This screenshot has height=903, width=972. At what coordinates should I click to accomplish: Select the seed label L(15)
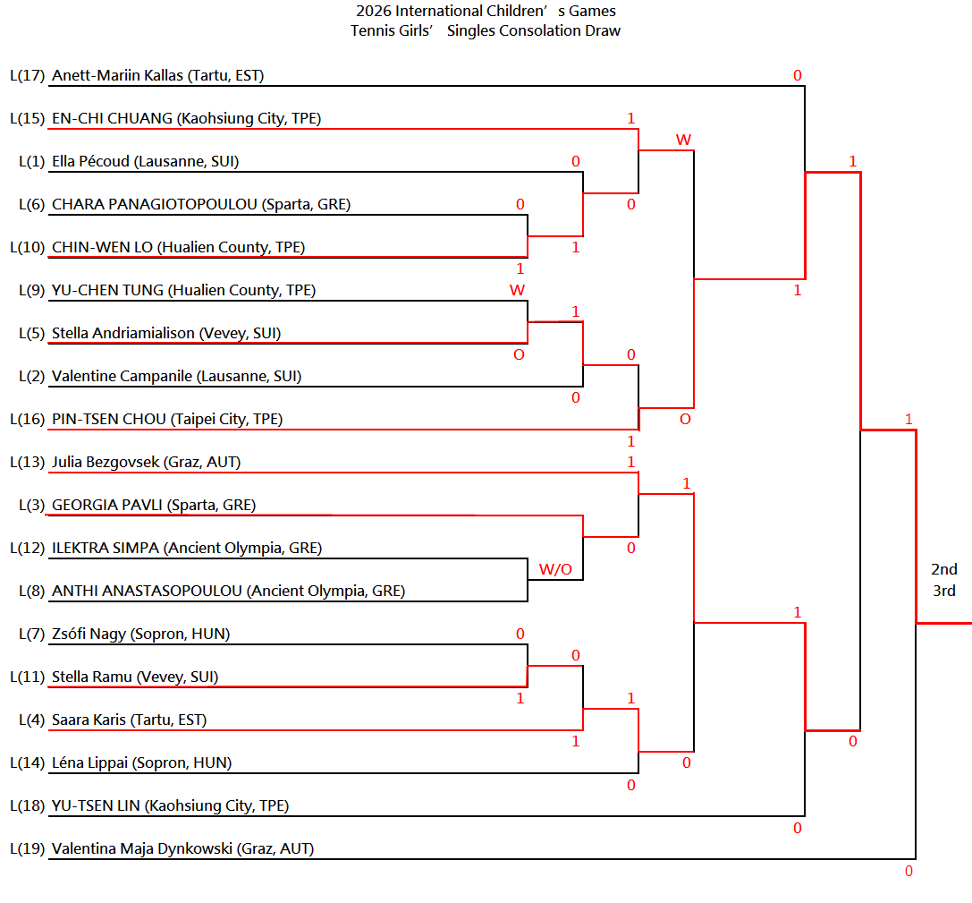[x=28, y=118]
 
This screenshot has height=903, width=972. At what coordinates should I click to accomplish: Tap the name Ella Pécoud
[x=90, y=161]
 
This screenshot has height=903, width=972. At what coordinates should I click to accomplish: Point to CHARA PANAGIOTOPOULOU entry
[x=201, y=204]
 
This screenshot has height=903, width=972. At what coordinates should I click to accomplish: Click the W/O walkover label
[x=555, y=569]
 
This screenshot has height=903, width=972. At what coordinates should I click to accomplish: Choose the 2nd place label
[x=944, y=569]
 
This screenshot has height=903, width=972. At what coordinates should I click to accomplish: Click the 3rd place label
[x=944, y=591]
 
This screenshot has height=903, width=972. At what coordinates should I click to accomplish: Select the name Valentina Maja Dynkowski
[x=142, y=848]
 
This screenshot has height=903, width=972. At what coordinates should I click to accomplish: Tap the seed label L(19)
[x=28, y=848]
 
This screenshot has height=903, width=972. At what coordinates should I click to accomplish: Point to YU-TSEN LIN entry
[x=171, y=805]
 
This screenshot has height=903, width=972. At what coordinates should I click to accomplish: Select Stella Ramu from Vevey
[x=135, y=677]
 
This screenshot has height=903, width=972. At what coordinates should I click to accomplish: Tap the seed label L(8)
[x=31, y=591]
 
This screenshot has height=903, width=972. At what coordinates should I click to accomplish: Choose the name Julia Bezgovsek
[x=106, y=463]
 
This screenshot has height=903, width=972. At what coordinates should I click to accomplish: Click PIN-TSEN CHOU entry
[x=167, y=419]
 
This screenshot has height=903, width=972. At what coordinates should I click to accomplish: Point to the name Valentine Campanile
[x=123, y=376]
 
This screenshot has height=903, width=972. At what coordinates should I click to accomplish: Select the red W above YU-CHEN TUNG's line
[x=517, y=290]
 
